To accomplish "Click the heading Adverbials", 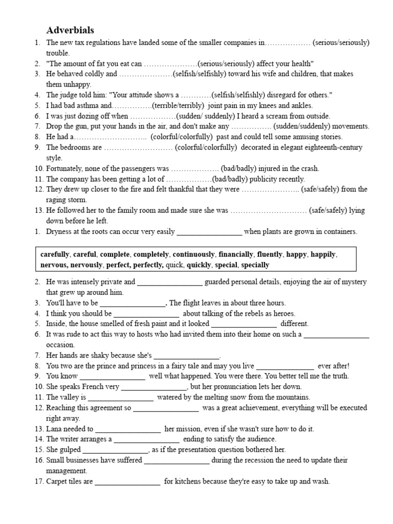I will tap(70, 30).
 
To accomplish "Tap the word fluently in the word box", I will tap(270, 254).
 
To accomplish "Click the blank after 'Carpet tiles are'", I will tap(127, 482).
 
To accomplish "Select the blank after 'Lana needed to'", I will tap(128, 429).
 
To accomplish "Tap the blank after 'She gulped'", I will tap(115, 450).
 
